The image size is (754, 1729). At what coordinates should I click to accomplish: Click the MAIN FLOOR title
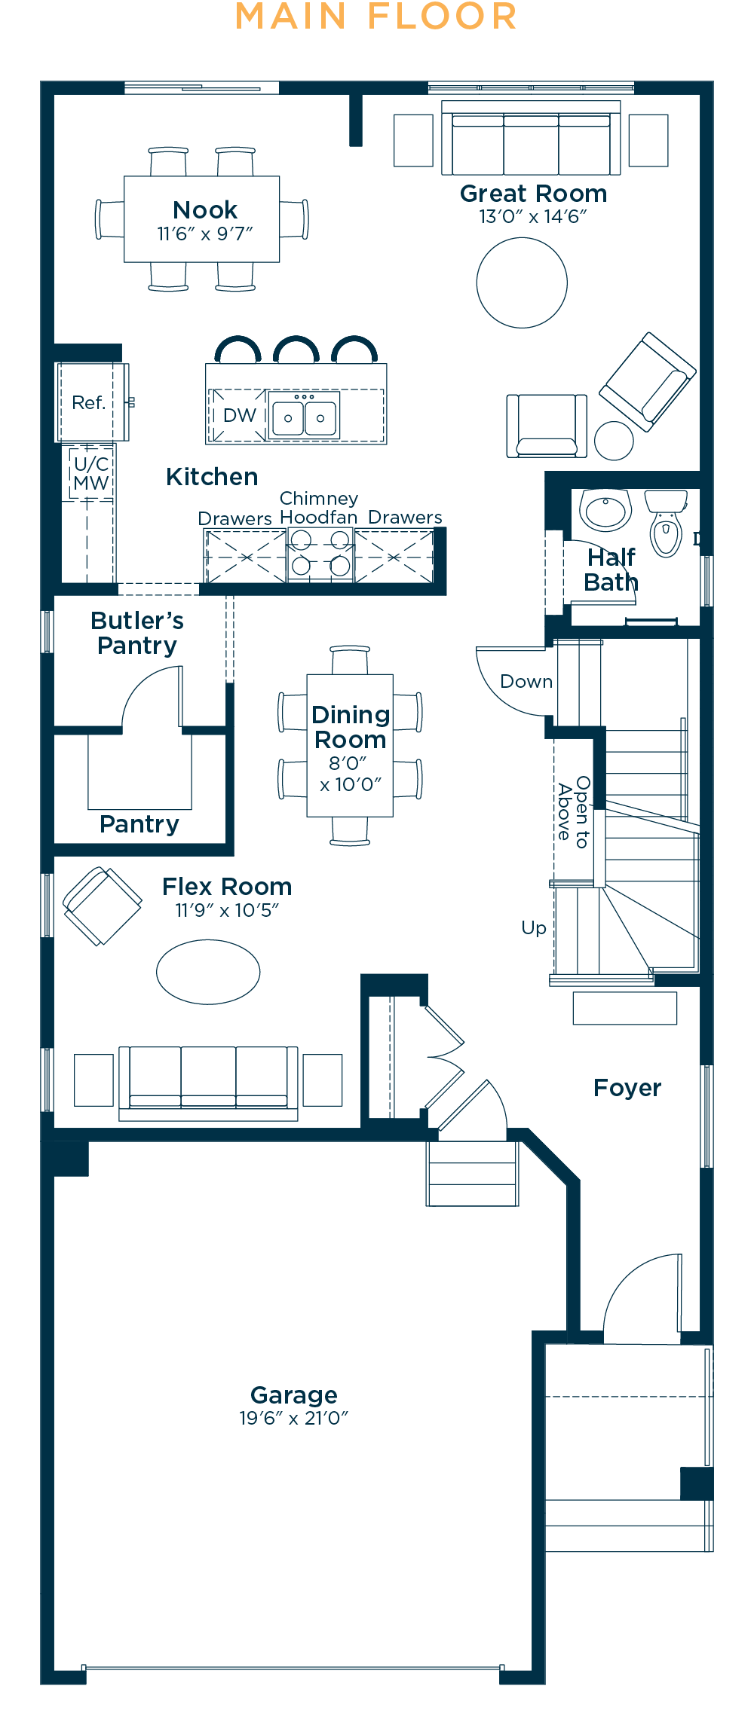coord(376,17)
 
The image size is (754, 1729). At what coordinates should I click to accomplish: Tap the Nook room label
coord(205,209)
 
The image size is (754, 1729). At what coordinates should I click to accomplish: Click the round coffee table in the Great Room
coord(522,283)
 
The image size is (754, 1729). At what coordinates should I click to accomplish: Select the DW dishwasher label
coord(240,415)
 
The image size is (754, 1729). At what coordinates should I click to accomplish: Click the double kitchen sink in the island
coord(305,414)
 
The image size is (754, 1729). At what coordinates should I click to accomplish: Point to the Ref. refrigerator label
coord(88,402)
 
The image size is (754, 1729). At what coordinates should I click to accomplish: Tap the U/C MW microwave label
coord(91,473)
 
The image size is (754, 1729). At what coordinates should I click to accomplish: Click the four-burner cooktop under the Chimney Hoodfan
coord(320,554)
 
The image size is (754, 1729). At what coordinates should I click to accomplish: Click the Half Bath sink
coord(605,510)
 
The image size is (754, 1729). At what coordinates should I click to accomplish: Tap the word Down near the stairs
coord(526,682)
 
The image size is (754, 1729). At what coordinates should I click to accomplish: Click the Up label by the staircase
coord(534,928)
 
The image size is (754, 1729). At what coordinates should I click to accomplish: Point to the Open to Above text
coord(573,812)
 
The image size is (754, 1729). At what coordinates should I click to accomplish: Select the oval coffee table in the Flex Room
coord(208,972)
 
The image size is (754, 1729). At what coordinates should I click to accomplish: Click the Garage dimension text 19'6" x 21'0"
coord(293,1418)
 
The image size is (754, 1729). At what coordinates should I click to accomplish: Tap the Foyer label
coord(627,1088)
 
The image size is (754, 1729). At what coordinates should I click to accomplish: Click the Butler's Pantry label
coord(137,633)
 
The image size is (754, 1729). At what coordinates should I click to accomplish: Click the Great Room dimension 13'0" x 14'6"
coord(533,216)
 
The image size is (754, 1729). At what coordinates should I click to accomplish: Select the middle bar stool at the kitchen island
coord(296,350)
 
